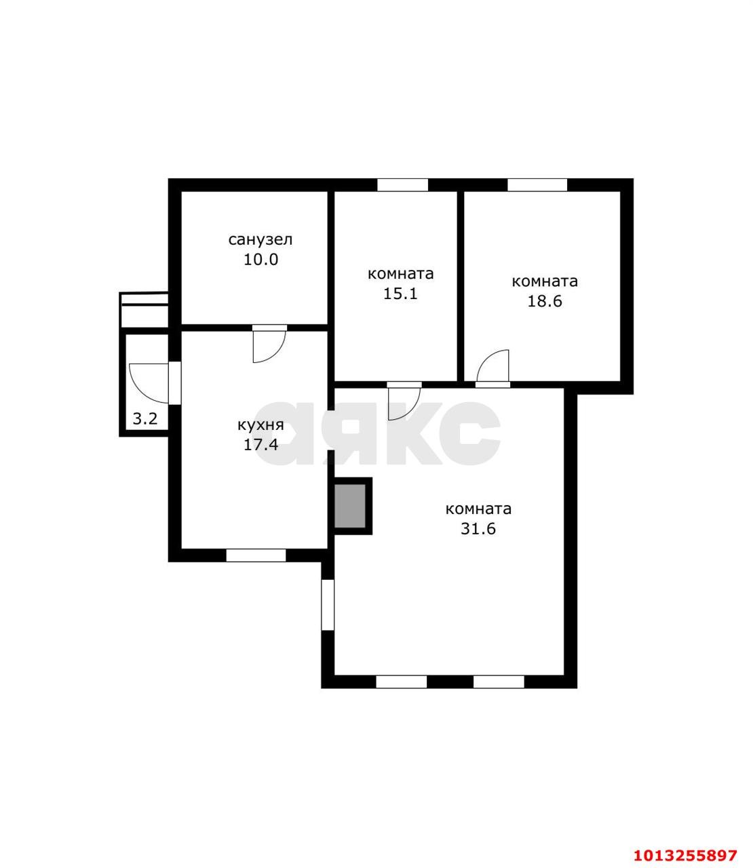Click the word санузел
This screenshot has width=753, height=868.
click(x=260, y=240)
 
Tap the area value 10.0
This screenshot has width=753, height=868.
click(x=261, y=260)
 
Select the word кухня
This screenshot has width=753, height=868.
click(x=260, y=425)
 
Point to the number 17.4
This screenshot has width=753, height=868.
click(x=261, y=444)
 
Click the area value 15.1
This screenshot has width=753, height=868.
click(x=400, y=294)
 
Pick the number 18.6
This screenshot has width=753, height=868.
click(x=545, y=301)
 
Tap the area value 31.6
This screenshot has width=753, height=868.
click(x=478, y=528)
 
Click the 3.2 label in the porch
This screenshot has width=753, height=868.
click(x=145, y=418)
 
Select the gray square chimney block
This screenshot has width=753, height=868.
click(x=350, y=506)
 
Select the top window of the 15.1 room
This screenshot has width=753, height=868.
click(x=402, y=184)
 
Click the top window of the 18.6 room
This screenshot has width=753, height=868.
click(x=537, y=184)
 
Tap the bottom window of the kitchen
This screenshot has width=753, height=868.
click(x=256, y=555)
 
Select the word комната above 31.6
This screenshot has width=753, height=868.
click(x=478, y=509)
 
